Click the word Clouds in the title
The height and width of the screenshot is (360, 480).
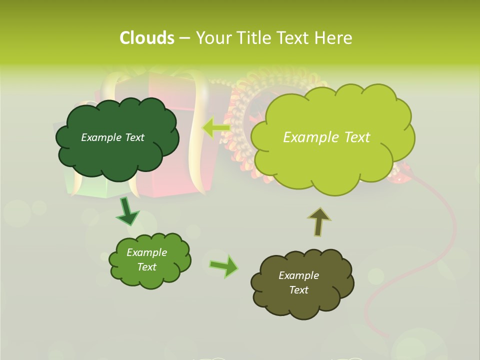click(x=146, y=38)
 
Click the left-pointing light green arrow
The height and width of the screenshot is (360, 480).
click(x=215, y=128)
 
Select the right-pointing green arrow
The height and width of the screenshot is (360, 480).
click(x=224, y=266)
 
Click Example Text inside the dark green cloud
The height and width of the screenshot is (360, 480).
click(x=112, y=137)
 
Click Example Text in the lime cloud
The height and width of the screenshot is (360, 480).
click(x=326, y=137)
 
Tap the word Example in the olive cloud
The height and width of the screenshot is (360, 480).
click(x=298, y=275)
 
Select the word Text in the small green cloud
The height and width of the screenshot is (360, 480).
click(x=147, y=267)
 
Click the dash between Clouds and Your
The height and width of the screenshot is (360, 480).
click(x=184, y=38)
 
